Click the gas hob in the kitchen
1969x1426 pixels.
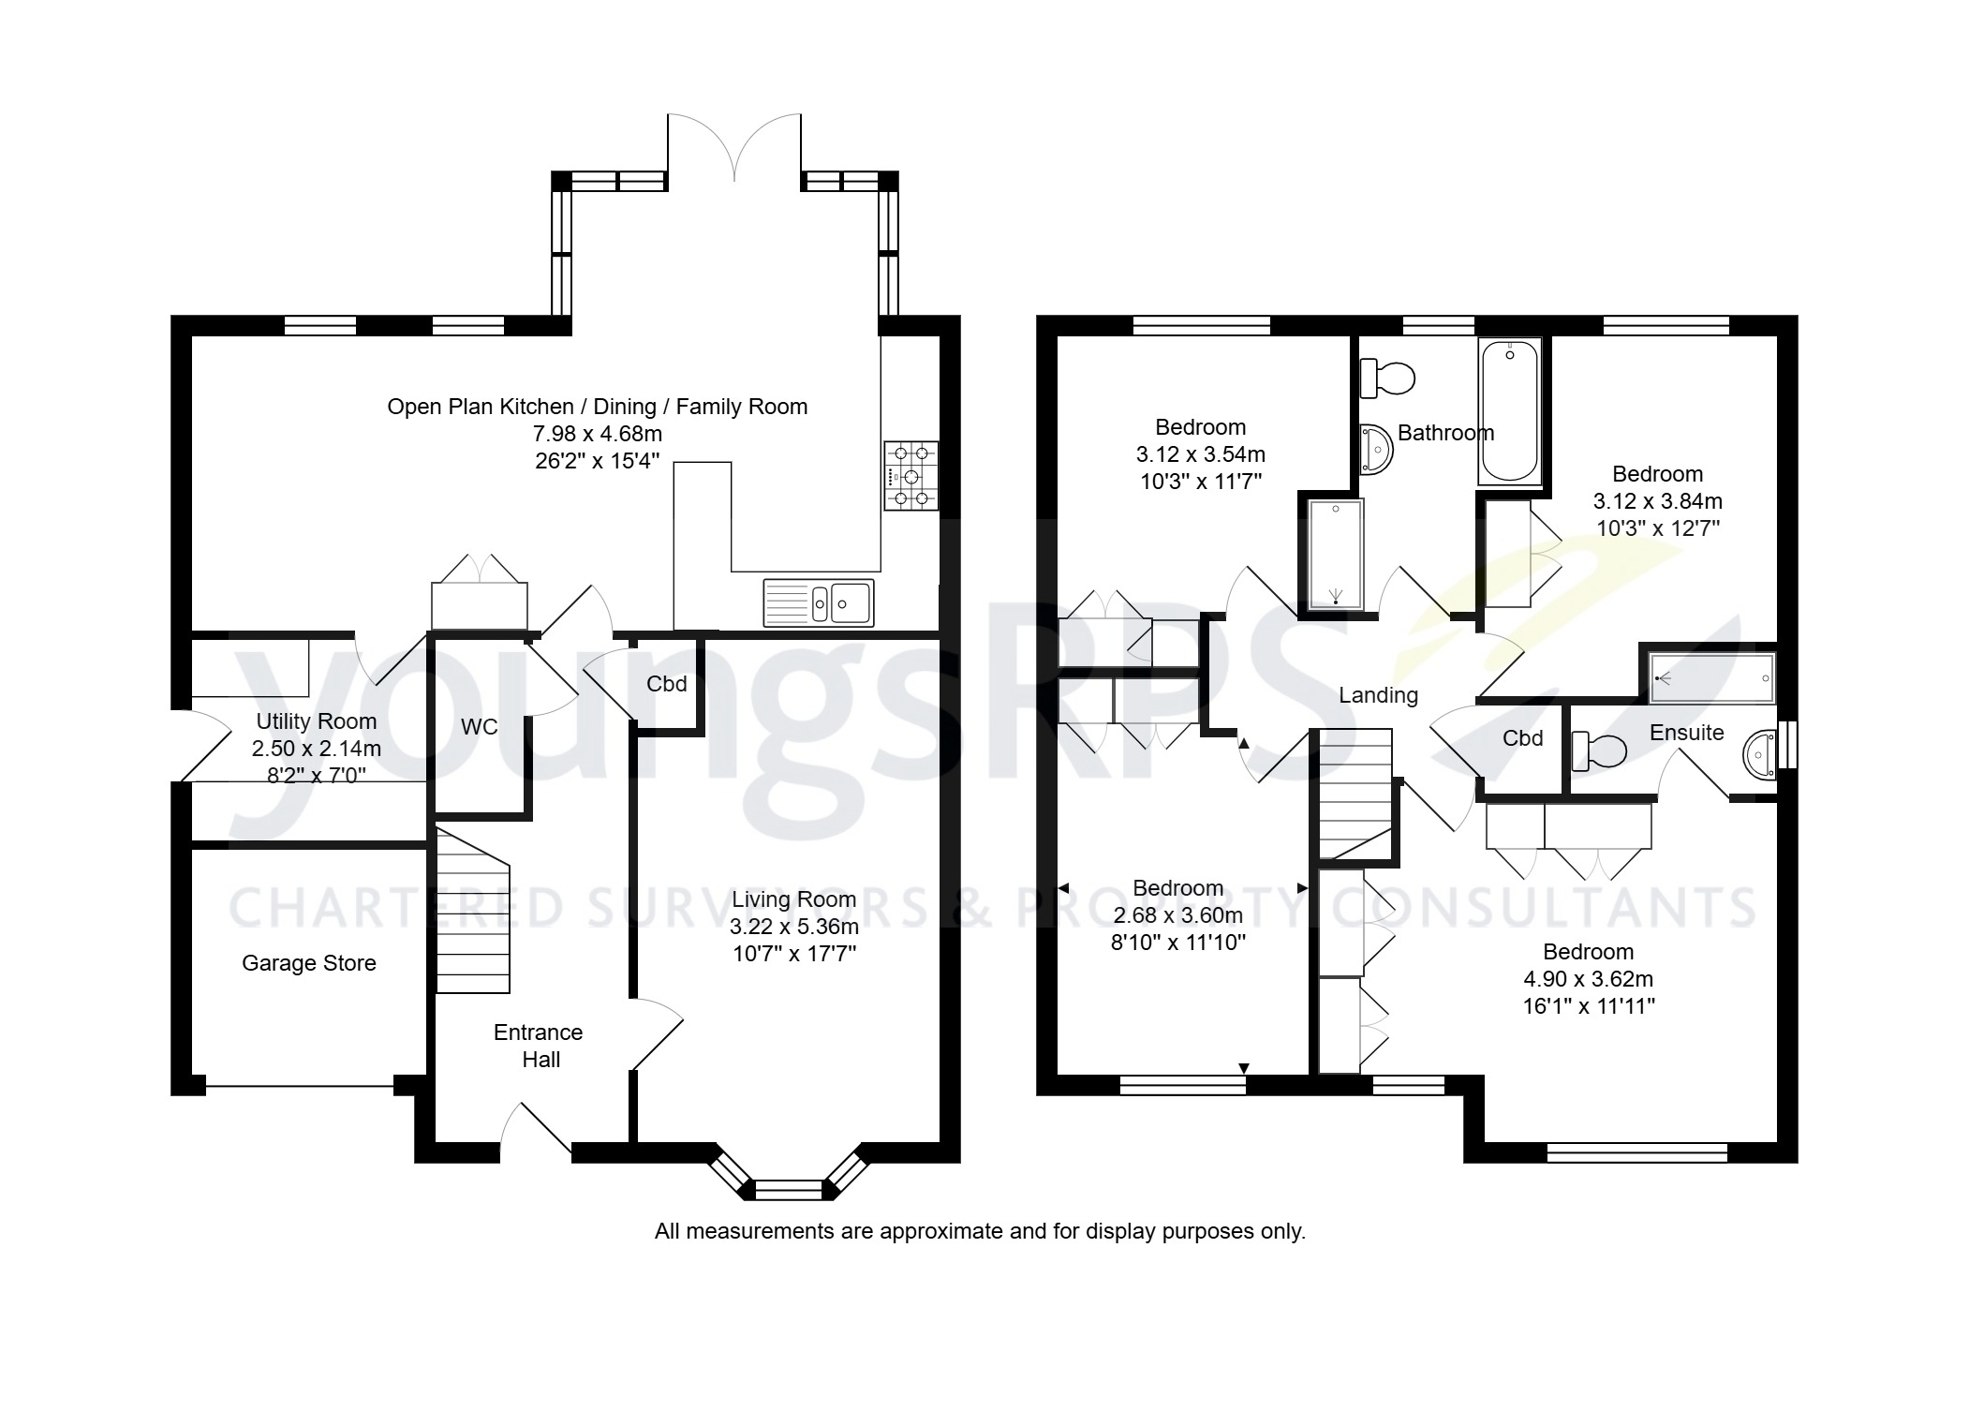coord(910,476)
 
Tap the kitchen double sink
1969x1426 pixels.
coord(819,602)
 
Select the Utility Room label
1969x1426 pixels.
coord(316,721)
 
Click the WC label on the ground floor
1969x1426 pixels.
coord(479,727)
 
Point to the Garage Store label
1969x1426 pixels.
coord(308,963)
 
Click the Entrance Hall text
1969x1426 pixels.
coord(539,1046)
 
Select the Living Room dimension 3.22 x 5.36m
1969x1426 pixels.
coord(793,927)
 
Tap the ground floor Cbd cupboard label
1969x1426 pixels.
coord(666,684)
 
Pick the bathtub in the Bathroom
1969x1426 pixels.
coord(1508,411)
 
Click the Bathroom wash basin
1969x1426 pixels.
coord(1376,450)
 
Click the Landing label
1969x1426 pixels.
coord(1378,695)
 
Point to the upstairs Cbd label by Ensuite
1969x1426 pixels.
coord(1522,738)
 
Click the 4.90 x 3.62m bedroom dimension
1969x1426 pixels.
coord(1588,979)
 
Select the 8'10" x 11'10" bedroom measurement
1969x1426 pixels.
coord(1177,943)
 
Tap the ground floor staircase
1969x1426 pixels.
coord(473,914)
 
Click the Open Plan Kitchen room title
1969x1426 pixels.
coord(597,407)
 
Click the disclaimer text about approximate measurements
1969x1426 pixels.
coord(979,1231)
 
